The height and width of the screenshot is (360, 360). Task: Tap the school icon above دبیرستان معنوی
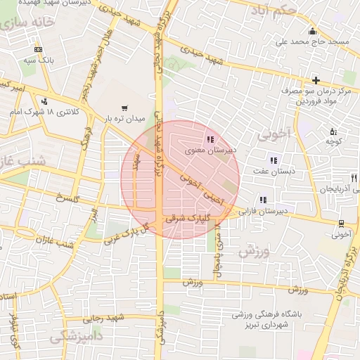[210, 139]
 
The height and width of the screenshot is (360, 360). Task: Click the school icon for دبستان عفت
[273, 160]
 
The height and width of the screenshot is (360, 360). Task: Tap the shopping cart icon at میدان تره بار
[124, 108]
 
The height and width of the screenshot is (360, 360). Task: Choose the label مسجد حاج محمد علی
[312, 42]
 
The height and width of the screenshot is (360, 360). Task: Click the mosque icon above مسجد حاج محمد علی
[312, 32]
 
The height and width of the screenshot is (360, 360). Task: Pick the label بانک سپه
[38, 60]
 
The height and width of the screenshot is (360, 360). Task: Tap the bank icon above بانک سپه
[38, 49]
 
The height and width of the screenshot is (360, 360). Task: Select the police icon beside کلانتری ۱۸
[45, 101]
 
